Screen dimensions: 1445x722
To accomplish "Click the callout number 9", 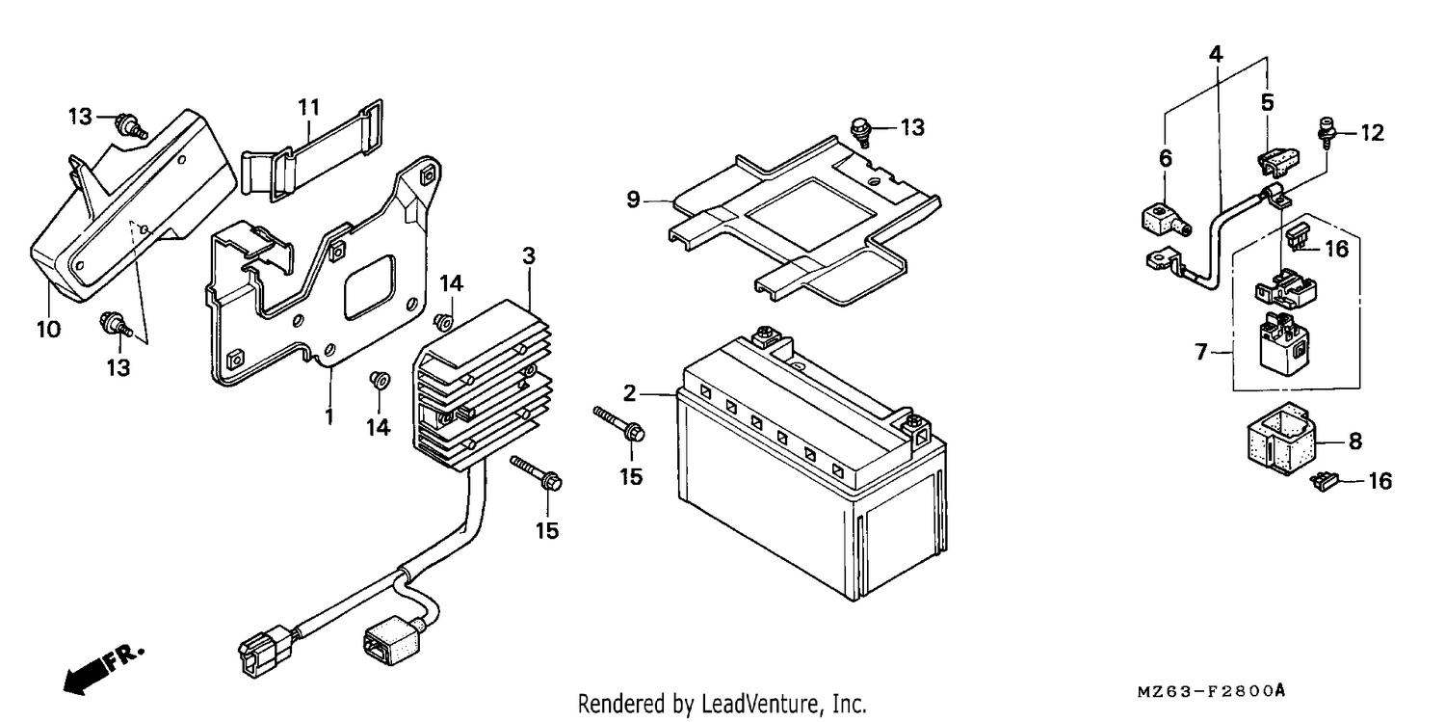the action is tap(634, 200).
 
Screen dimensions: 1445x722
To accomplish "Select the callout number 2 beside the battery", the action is tap(630, 393).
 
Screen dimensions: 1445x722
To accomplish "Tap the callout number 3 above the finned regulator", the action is tap(529, 255).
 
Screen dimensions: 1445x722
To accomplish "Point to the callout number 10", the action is tap(48, 329).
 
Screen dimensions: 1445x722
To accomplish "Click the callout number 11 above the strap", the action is tap(309, 107).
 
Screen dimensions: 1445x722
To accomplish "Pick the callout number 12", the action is tap(1373, 132).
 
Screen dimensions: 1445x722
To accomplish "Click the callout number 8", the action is tap(1355, 441).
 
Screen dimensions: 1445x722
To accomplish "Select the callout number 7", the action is tap(1200, 352).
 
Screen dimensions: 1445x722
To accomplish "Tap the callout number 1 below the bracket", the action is tap(329, 416).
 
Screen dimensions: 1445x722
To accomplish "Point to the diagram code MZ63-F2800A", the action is tap(1211, 692).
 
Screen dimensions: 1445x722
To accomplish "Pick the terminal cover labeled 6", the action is tap(1166, 222).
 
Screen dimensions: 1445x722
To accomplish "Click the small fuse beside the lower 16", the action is tap(1323, 481).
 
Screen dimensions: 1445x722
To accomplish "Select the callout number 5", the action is tap(1268, 102).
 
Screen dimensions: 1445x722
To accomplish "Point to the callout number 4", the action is tap(1216, 54).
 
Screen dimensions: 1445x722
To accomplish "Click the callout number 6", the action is tap(1165, 158).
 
